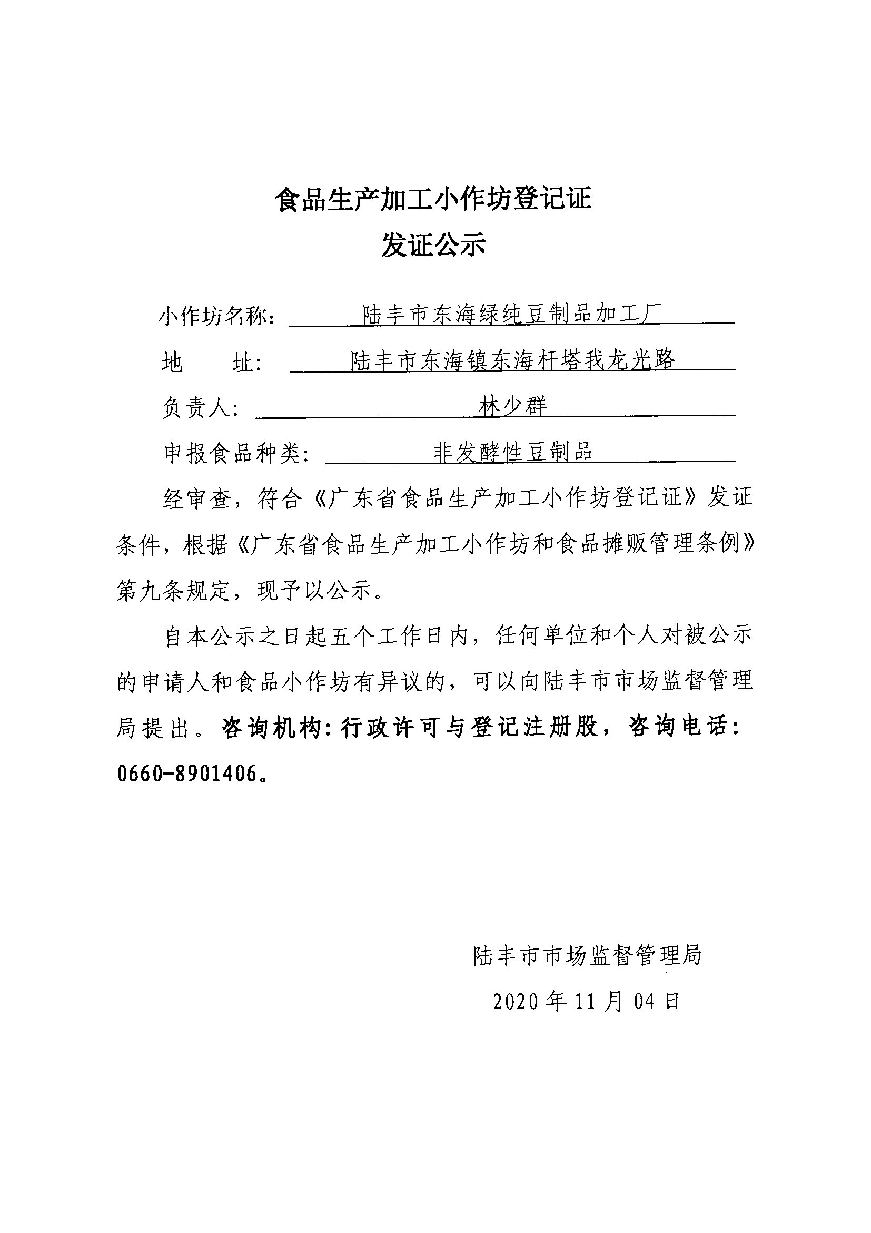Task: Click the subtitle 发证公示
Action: pos(433,246)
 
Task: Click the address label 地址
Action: pos(210,363)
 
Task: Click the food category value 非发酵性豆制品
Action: pos(512,452)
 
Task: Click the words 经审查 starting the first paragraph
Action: pos(196,499)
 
